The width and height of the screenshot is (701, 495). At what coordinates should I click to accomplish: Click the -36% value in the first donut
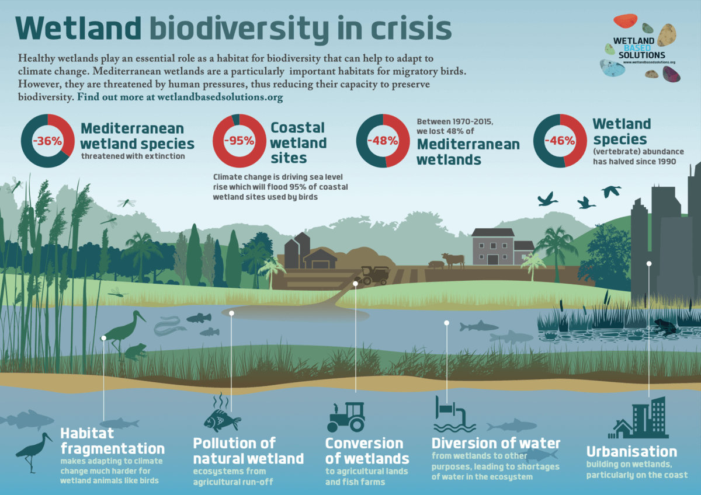coord(47,140)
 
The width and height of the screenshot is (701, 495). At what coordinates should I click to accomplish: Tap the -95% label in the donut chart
coord(240,140)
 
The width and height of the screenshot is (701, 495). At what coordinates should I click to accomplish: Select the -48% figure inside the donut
coord(383,140)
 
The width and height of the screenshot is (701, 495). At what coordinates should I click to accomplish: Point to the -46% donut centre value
coord(560,140)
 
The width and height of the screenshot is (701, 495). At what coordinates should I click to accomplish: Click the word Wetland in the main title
coord(78,28)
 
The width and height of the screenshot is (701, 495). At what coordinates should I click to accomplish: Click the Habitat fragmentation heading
coord(111,441)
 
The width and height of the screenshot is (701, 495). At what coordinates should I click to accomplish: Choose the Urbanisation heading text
coord(631,452)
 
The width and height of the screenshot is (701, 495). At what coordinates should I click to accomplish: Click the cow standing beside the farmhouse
coord(453,259)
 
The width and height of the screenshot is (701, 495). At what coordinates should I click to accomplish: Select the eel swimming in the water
coord(169,325)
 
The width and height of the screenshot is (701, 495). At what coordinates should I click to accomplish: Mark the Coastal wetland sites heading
coord(299,142)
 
